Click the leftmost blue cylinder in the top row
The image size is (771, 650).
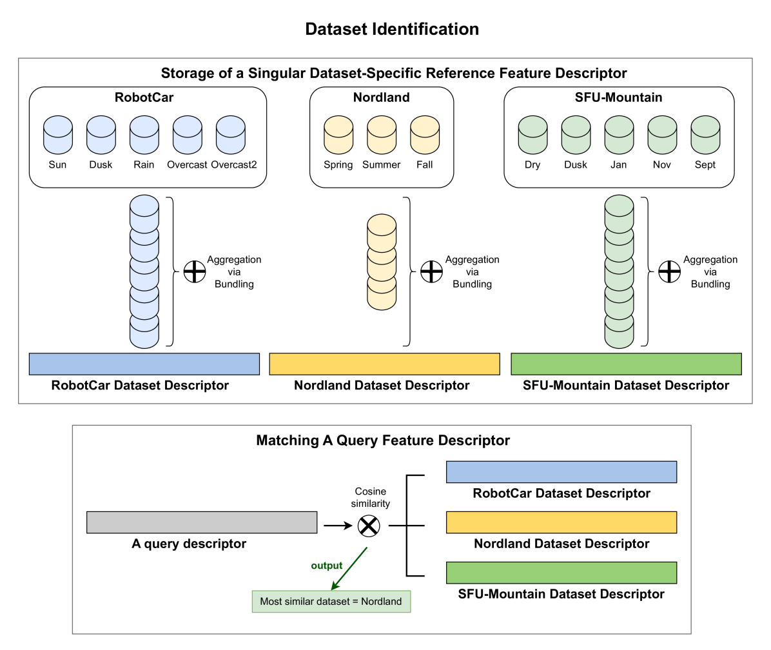point(58,135)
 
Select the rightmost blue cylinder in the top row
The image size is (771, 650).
point(231,135)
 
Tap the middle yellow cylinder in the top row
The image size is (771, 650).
point(382,135)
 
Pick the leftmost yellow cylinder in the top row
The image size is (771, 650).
point(338,135)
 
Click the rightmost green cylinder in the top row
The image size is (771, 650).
point(705,135)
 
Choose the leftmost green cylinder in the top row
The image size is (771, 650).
point(533,135)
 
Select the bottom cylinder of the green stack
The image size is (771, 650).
point(619,332)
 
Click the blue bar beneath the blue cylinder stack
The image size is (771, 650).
point(144,364)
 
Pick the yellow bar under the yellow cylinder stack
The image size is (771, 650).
point(384,364)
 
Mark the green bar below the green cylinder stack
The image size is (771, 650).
point(626,364)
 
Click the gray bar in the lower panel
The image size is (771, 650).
point(202,522)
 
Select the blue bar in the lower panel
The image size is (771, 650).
point(561,472)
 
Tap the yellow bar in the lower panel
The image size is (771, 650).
point(561,522)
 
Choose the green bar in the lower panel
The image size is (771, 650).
point(561,573)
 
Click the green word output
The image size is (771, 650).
point(327,566)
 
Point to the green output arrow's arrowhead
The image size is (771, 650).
point(334,586)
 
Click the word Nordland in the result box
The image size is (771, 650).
point(381,602)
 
